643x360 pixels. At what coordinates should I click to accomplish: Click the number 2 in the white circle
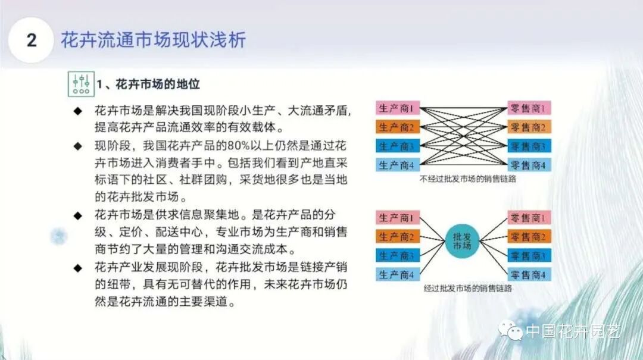[32, 40]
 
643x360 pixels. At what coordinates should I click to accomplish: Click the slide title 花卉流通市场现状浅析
[153, 40]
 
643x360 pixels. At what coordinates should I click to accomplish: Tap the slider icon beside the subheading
[80, 84]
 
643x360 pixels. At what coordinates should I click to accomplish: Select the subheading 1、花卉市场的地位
[148, 84]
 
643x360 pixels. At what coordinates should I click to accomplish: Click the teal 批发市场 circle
[461, 246]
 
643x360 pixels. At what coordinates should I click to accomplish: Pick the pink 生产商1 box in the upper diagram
[398, 109]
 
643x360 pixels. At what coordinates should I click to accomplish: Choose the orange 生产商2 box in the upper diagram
[398, 127]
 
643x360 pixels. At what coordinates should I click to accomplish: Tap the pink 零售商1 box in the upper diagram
[528, 109]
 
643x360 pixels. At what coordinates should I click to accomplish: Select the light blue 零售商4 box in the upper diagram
[528, 165]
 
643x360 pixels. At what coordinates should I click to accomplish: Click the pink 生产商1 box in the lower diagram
[398, 218]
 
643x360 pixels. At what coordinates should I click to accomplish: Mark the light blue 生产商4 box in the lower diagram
[398, 274]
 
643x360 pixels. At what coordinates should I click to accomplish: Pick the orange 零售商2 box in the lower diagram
[528, 237]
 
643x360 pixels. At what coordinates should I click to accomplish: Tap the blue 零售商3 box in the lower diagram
[528, 256]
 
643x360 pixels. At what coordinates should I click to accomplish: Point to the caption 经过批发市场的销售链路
[468, 288]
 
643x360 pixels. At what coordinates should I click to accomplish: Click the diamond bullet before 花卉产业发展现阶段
[77, 267]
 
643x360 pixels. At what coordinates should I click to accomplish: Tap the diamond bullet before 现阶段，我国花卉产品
[77, 146]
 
